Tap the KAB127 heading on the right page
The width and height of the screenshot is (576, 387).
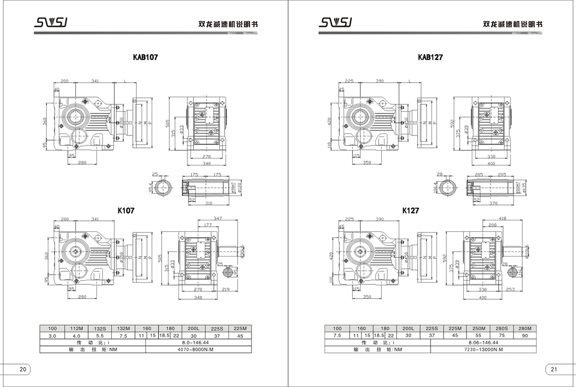pos(430,57)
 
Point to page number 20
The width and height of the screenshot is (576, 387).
pos(23,369)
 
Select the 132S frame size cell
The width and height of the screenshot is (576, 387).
pos(100,329)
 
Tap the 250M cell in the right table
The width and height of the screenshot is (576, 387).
pos(478,329)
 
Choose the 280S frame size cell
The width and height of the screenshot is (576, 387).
pos(501,329)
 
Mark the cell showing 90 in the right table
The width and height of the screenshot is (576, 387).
pos(524,336)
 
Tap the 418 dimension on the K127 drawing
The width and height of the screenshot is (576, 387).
pos(502,218)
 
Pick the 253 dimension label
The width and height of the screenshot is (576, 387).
pos(510,290)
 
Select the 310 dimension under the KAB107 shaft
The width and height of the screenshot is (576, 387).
pos(208,204)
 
